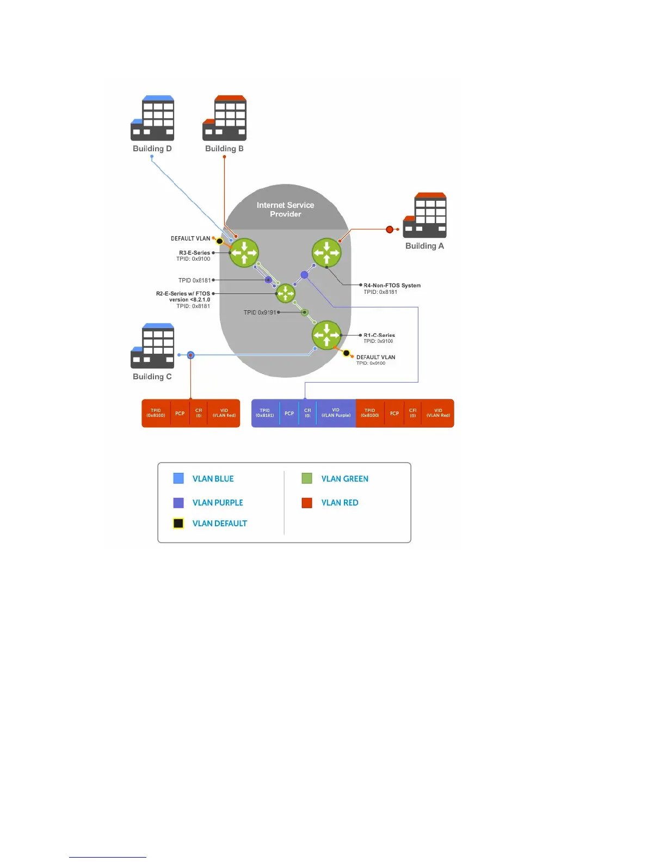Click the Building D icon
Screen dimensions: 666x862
point(152,118)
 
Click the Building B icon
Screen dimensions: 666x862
point(224,118)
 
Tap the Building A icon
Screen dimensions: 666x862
point(425,215)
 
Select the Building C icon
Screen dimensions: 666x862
point(152,346)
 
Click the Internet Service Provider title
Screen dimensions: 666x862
point(285,210)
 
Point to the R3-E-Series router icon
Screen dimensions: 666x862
point(244,253)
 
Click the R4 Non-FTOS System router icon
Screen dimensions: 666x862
point(326,253)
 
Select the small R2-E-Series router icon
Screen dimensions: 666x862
point(286,294)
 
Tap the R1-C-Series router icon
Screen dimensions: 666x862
point(326,335)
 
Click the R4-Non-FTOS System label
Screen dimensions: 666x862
point(392,285)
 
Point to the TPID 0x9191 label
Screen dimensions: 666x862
point(260,312)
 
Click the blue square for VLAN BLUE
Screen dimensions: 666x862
point(178,478)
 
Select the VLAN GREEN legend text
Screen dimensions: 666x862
point(344,479)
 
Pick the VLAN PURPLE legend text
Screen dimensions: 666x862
point(218,503)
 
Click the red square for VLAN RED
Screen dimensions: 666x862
point(307,503)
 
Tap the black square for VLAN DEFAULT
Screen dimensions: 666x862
point(178,524)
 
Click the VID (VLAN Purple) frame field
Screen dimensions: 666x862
point(336,413)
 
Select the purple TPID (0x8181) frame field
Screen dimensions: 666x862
point(265,413)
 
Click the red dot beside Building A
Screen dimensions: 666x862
point(390,230)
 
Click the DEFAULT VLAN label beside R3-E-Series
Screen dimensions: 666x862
point(190,238)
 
